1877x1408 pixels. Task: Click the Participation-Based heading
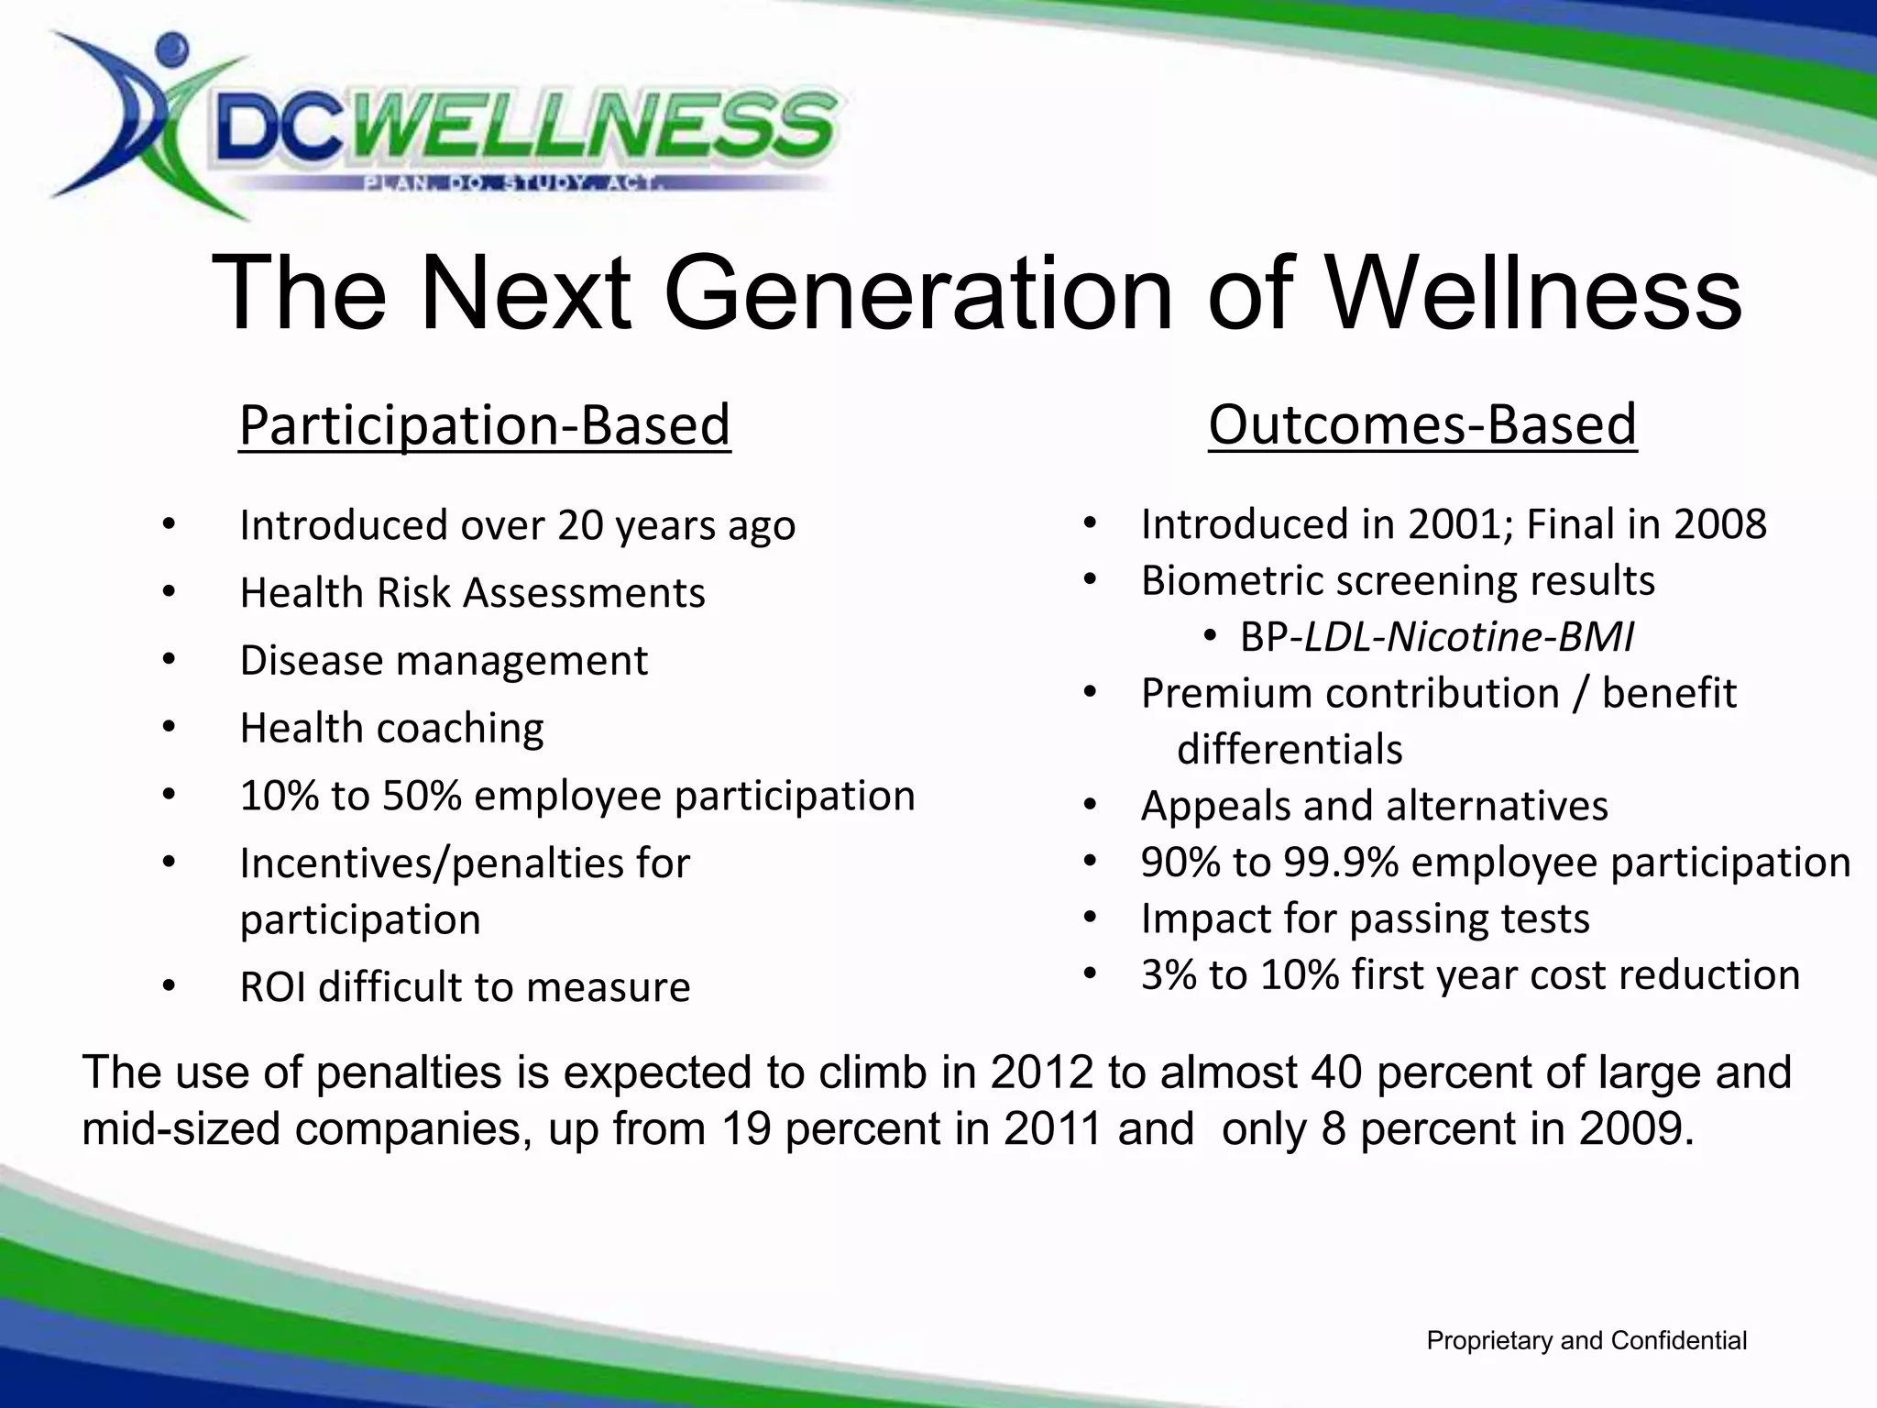484,425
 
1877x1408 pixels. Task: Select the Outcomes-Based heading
1421,424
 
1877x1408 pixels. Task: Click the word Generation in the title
917,293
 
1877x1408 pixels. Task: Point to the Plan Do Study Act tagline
513,183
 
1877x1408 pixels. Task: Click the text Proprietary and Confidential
1586,1341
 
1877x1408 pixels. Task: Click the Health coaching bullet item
391,729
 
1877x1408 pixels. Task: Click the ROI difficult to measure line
465,987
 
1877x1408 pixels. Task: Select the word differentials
1290,750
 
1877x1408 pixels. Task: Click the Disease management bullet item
444,661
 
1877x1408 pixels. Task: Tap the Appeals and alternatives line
1374,807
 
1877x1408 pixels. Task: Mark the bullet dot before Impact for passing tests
1089,918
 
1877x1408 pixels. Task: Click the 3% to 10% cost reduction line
1470,975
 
